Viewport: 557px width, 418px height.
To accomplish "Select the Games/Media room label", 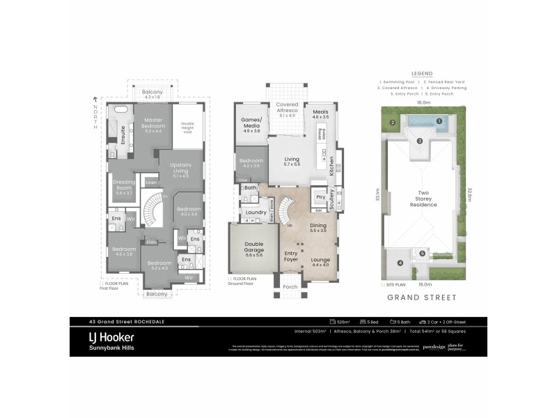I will [x=251, y=123].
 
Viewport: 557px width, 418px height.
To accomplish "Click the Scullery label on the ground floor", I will [x=332, y=200].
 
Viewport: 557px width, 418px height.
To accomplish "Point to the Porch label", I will [x=290, y=286].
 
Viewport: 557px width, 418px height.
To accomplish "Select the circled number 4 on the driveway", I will [x=400, y=263].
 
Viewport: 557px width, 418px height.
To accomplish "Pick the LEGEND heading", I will [x=422, y=73].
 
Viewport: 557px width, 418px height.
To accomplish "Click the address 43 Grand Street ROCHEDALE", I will [x=111, y=321].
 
